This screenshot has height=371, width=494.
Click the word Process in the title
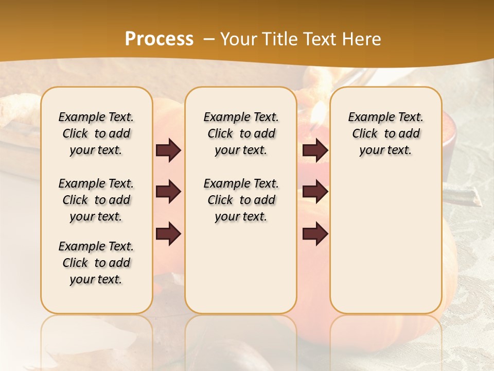[159, 39]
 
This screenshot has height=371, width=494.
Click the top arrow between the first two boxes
[168, 150]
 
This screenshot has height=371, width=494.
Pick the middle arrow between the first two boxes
[168, 192]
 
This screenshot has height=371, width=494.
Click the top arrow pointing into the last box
[315, 150]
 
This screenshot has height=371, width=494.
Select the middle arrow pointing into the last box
[315, 192]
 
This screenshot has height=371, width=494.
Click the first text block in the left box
[96, 133]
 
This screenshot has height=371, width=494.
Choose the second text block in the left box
[96, 200]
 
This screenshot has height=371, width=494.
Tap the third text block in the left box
[96, 263]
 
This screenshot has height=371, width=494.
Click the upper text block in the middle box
[241, 133]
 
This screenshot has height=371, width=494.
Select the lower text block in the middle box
[241, 200]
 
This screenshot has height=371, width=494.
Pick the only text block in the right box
[385, 133]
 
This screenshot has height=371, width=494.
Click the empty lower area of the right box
[385, 242]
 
